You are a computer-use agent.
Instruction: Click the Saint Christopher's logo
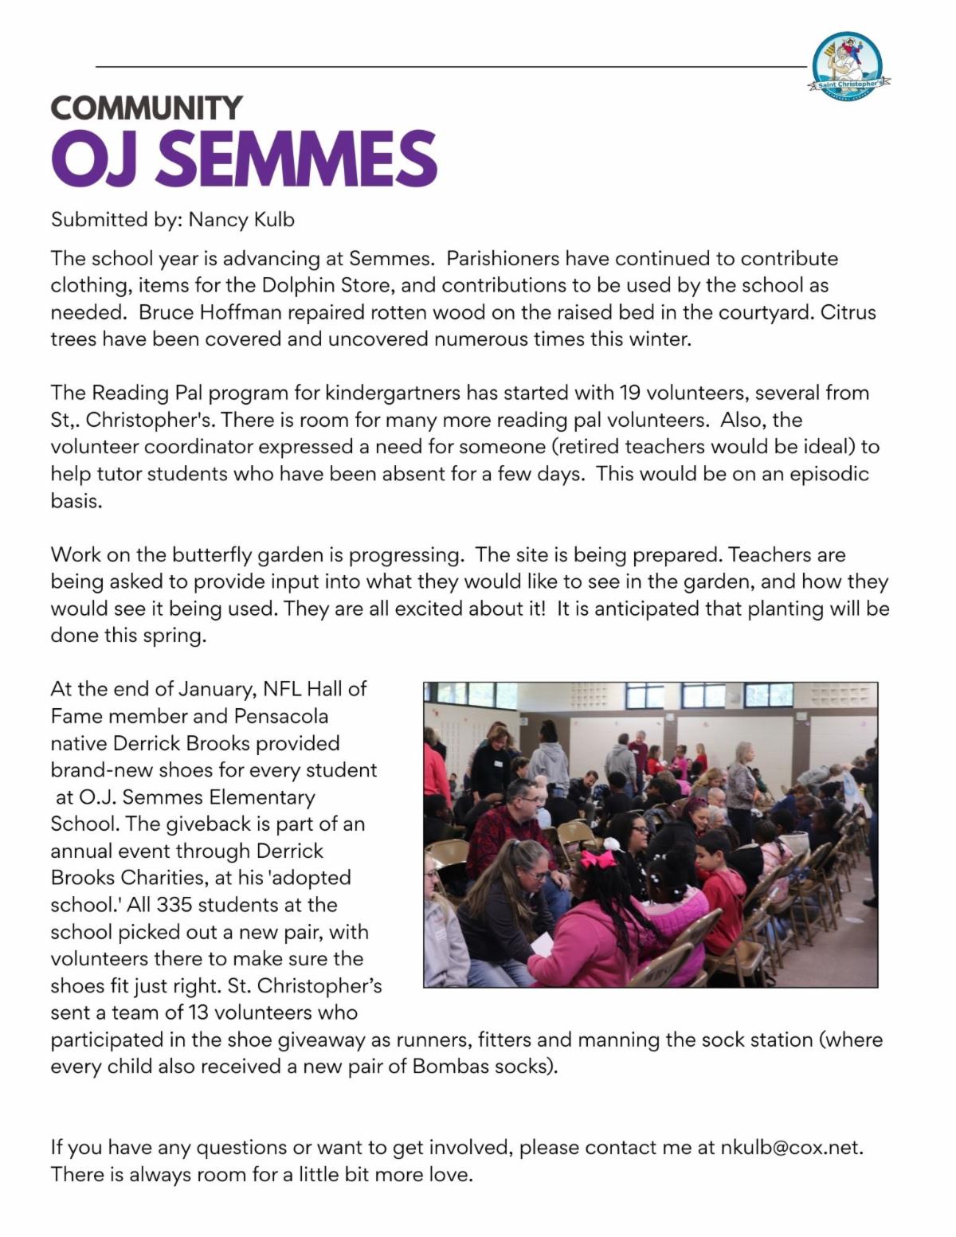point(848,66)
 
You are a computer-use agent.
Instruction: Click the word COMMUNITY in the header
point(147,108)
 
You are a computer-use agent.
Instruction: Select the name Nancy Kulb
point(241,219)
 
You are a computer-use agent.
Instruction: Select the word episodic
point(829,474)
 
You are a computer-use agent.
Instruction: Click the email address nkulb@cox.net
point(791,1147)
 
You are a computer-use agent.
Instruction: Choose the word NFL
point(282,688)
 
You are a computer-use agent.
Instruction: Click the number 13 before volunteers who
point(198,1013)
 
